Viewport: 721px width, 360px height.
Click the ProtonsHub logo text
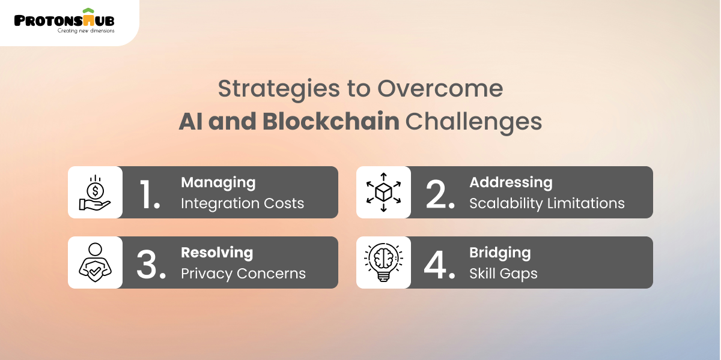[64, 19]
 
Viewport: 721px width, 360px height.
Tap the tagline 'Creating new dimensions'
[85, 31]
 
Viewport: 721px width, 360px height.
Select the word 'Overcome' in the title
[440, 89]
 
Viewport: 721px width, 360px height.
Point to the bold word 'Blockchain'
[330, 121]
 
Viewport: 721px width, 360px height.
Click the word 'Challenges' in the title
[473, 121]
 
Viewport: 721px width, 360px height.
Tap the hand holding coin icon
[95, 193]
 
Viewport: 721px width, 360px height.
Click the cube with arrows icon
[383, 192]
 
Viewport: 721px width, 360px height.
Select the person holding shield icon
[95, 262]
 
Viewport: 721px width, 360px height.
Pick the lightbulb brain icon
[383, 262]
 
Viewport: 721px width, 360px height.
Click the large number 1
[150, 193]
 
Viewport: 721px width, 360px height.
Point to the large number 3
[150, 263]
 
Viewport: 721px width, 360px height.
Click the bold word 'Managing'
[218, 182]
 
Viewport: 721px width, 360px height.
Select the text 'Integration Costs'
[242, 203]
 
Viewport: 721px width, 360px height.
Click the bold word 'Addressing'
[511, 182]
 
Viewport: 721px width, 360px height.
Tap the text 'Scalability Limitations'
[547, 203]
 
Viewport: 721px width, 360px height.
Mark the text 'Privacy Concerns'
[243, 274]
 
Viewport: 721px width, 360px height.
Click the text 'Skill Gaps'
[503, 274]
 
